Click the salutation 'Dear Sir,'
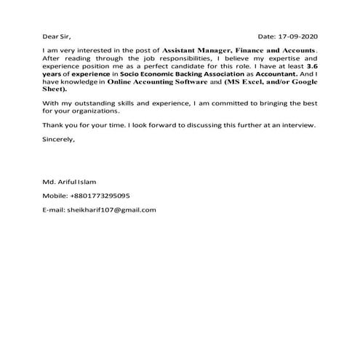pyautogui.click(x=57, y=36)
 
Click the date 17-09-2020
pyautogui.click(x=300, y=36)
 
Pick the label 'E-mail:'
pyautogui.click(x=54, y=210)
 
